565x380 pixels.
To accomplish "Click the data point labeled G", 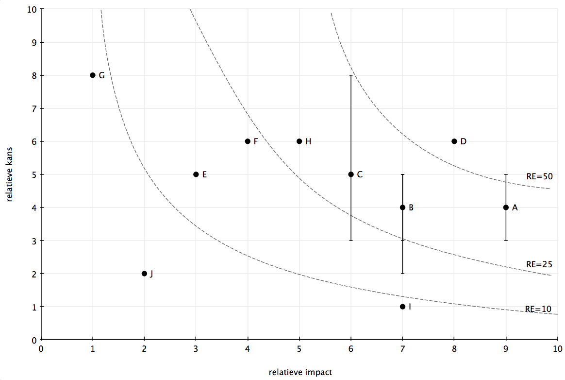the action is pyautogui.click(x=93, y=75).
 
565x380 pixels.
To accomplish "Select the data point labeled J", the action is pyautogui.click(x=145, y=274).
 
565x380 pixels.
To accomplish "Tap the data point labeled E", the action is pyautogui.click(x=196, y=174).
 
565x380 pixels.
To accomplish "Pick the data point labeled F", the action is pyautogui.click(x=248, y=141).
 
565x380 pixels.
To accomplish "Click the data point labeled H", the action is pyautogui.click(x=299, y=141).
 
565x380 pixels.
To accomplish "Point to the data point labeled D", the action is pyautogui.click(x=454, y=141).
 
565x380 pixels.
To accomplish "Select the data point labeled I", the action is pyautogui.click(x=402, y=307).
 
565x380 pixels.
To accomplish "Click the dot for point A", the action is pyautogui.click(x=506, y=207).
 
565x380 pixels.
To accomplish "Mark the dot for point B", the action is pyautogui.click(x=402, y=207).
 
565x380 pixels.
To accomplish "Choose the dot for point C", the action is pyautogui.click(x=351, y=174).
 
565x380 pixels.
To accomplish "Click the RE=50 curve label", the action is pyautogui.click(x=539, y=176).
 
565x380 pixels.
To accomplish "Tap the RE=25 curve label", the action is pyautogui.click(x=539, y=264).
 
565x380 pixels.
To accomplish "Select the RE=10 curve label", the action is pyautogui.click(x=538, y=309).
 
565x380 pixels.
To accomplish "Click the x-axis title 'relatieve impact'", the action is pyautogui.click(x=300, y=372).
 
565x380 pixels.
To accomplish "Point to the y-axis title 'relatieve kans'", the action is pyautogui.click(x=9, y=174).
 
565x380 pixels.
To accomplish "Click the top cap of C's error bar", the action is pyautogui.click(x=351, y=75).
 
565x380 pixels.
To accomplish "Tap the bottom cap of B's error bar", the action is pyautogui.click(x=402, y=274).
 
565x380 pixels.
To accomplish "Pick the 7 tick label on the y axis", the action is pyautogui.click(x=34, y=109).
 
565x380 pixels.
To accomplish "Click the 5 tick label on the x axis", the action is pyautogui.click(x=299, y=348).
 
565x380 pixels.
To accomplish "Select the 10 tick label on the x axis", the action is pyautogui.click(x=557, y=348).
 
